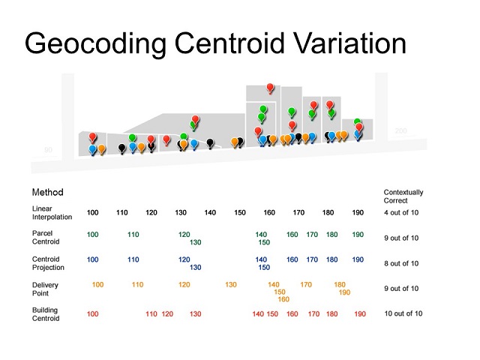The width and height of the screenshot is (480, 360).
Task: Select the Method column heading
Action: pos(48,193)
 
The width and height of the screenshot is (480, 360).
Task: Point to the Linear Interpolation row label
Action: pos(52,212)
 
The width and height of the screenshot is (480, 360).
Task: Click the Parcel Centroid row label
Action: pos(46,238)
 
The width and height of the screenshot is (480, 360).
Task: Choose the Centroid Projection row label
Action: pos(49,263)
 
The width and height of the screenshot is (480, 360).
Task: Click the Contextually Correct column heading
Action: pos(403,196)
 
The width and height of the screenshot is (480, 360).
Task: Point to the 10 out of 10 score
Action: pos(403,313)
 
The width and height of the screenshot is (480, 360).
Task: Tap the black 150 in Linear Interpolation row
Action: pos(240,213)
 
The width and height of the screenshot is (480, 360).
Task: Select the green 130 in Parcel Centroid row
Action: pos(195,242)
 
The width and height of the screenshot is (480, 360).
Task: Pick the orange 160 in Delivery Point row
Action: pos(283,299)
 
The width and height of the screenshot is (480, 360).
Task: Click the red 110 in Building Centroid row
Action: pos(151,314)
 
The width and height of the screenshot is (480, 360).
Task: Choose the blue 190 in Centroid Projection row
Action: pos(358,259)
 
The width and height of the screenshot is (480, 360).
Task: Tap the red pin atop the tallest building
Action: pos(271,88)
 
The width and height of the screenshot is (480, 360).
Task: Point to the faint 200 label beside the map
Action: pos(400,131)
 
